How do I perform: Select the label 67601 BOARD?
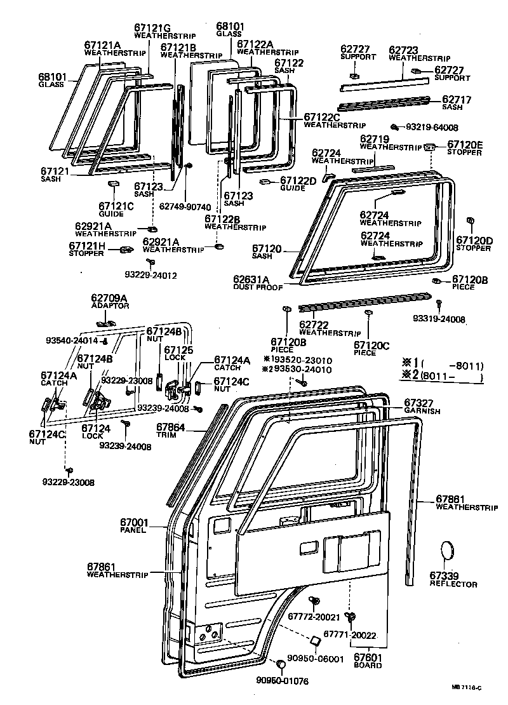click(x=368, y=658)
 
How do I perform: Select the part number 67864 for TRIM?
click(x=170, y=428)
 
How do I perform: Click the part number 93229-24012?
click(x=150, y=275)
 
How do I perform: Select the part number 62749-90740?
click(x=185, y=206)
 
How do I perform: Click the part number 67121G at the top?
click(x=153, y=27)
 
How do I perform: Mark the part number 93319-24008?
click(x=457, y=319)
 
